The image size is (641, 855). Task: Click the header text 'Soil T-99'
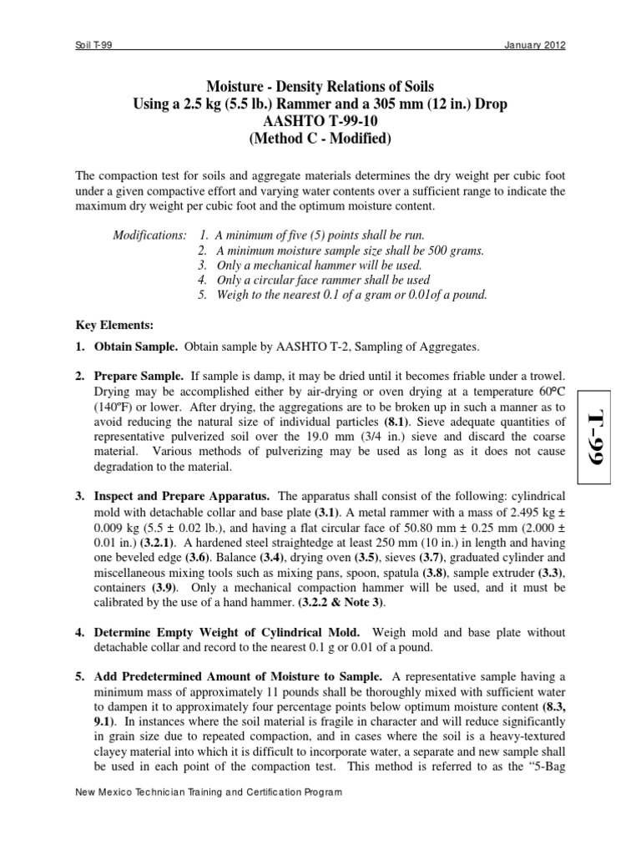point(94,45)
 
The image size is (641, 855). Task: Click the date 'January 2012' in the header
point(535,45)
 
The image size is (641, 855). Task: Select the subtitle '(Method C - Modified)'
point(320,139)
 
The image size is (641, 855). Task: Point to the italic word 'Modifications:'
point(149,235)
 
